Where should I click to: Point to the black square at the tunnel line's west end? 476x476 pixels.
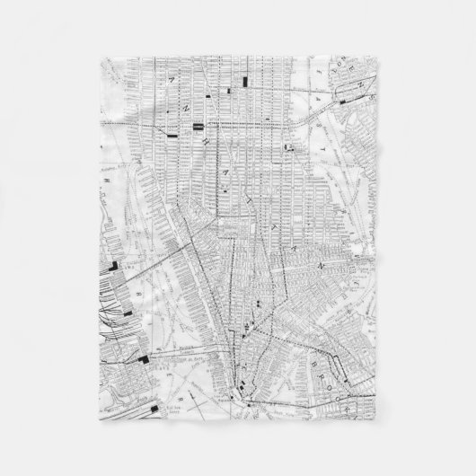pos(145,358)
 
